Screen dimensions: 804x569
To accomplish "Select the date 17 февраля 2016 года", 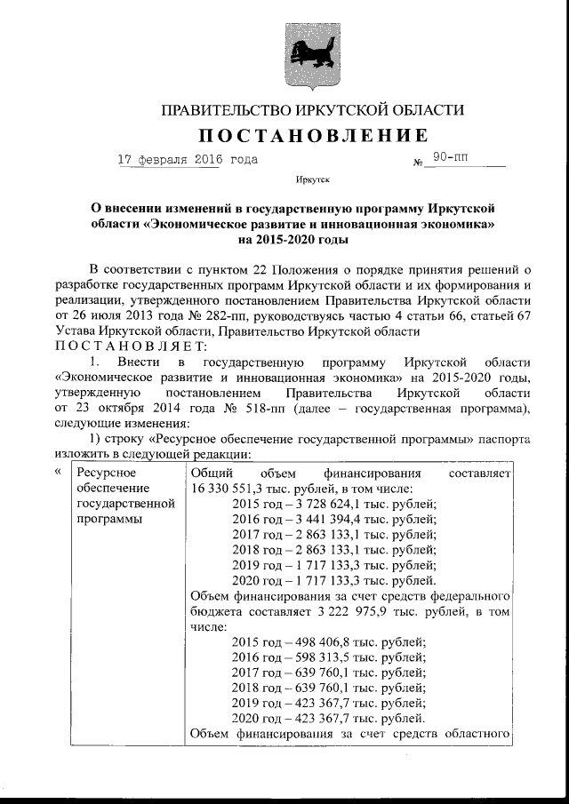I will pos(188,160).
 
